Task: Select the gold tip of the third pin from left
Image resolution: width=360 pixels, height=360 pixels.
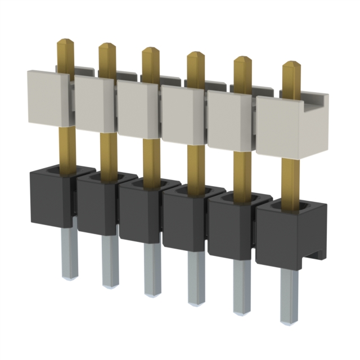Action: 150,53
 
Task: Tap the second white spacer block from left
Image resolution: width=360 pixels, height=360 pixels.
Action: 94,104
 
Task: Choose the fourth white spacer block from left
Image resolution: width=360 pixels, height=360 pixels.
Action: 183,115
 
